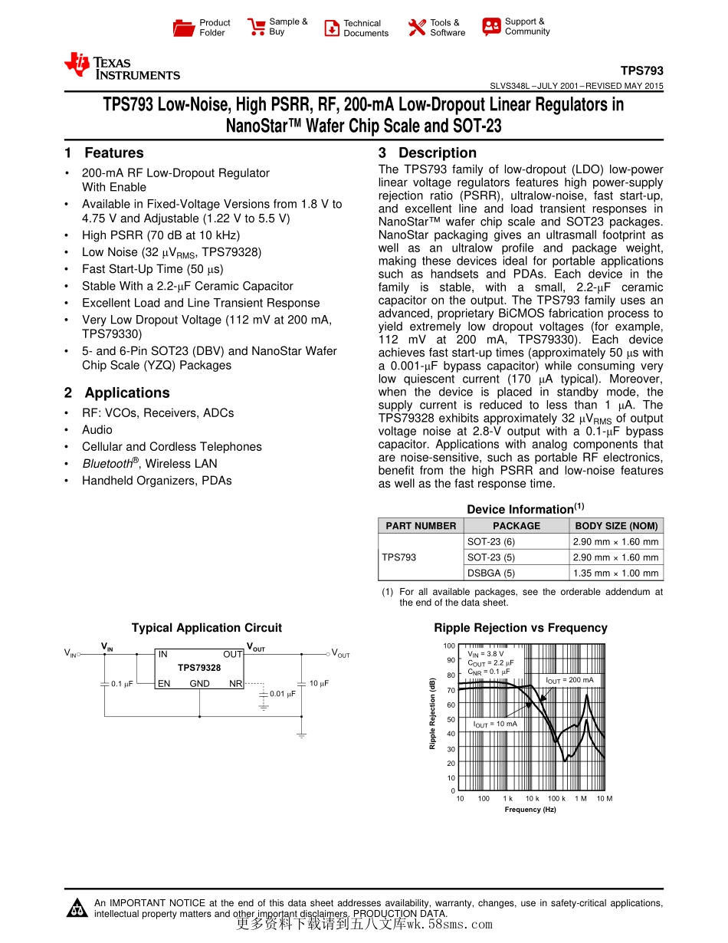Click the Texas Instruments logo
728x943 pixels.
click(122, 67)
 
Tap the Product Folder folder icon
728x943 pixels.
click(184, 28)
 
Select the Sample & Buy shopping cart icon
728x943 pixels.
click(256, 28)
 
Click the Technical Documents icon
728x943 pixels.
click(332, 28)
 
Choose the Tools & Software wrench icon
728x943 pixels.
click(417, 28)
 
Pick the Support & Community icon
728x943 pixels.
click(491, 27)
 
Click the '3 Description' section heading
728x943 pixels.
click(428, 153)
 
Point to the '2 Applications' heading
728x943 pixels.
click(117, 393)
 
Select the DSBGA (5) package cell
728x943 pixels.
click(491, 573)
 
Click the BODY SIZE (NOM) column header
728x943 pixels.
click(616, 526)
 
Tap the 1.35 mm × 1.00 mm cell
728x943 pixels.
click(616, 573)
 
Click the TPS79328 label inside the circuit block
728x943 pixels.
click(199, 668)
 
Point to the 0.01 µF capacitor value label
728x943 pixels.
click(283, 694)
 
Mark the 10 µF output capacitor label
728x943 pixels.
click(319, 683)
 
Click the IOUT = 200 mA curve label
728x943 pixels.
click(569, 680)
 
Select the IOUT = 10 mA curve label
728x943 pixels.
click(494, 724)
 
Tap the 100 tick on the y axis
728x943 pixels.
click(449, 646)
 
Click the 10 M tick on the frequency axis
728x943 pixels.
click(604, 799)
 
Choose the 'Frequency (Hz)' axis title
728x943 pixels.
click(530, 810)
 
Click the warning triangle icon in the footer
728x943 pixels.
click(77, 909)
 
